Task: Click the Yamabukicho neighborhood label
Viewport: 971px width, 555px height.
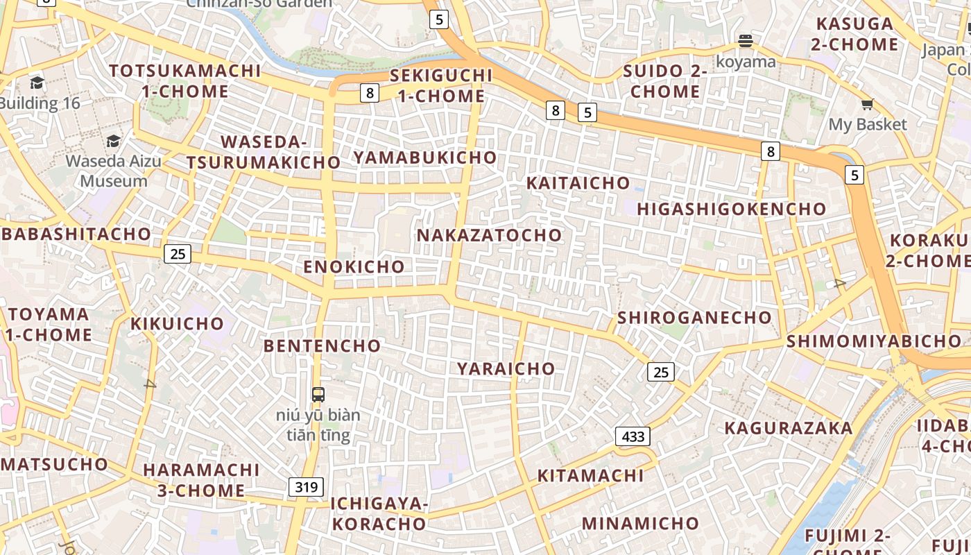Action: [425, 157]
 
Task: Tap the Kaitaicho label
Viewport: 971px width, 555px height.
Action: [578, 183]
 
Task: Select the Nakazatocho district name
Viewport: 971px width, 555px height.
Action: [489, 235]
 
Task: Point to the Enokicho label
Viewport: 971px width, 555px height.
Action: [354, 266]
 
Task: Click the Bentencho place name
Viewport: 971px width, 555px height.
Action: [323, 345]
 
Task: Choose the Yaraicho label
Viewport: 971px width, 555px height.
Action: [506, 368]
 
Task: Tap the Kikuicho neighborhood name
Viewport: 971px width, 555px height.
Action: [178, 323]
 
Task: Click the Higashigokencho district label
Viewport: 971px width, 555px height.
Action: [732, 209]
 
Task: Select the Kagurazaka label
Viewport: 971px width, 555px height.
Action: [789, 428]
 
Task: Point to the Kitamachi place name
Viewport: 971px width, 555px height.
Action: [591, 476]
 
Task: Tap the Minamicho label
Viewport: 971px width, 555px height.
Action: [641, 523]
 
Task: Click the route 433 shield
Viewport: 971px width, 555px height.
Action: [633, 436]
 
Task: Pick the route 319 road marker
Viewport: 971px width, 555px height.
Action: [306, 487]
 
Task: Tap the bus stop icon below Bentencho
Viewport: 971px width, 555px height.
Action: [318, 395]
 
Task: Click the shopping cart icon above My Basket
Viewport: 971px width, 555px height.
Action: [867, 105]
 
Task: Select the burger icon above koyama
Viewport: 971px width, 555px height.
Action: [746, 41]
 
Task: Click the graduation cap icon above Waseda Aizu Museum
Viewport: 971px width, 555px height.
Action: [113, 142]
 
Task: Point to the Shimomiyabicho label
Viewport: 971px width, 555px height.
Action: [873, 341]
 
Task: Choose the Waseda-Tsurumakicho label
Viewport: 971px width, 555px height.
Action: [264, 152]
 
